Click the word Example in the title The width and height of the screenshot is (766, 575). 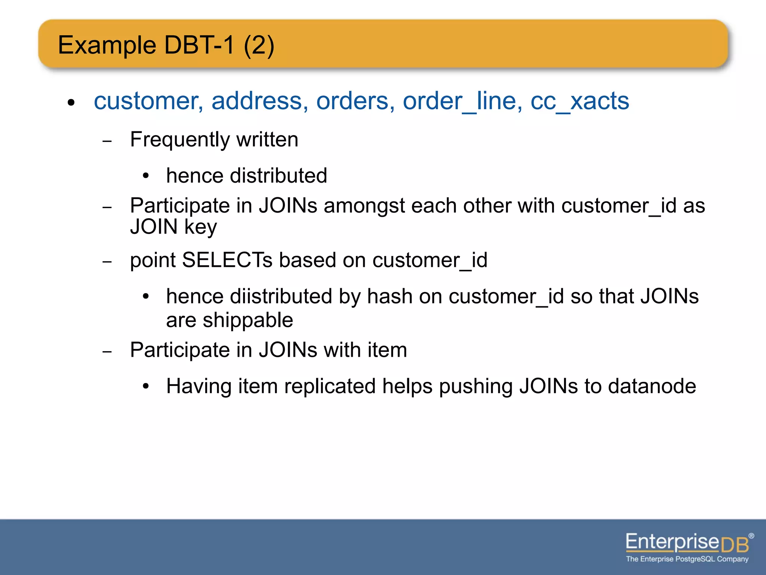click(x=107, y=45)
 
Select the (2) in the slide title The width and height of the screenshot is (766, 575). click(x=259, y=45)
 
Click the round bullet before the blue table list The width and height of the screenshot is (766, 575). click(x=71, y=102)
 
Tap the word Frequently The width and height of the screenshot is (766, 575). click(x=180, y=140)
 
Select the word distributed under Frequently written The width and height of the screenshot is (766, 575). click(x=279, y=176)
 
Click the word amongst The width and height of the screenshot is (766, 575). click(x=364, y=206)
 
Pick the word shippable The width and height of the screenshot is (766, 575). click(x=248, y=320)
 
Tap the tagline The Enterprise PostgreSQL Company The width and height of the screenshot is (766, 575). click(x=687, y=559)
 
